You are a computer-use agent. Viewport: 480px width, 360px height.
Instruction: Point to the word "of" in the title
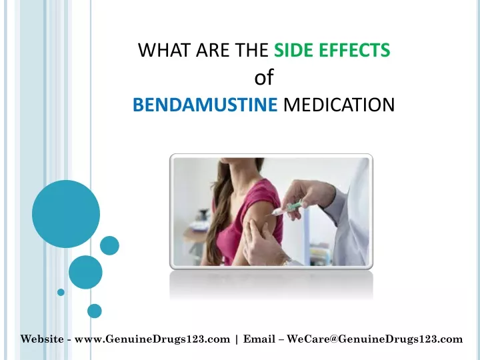coord(264,77)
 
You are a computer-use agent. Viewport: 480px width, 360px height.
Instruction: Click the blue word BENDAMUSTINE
coord(205,105)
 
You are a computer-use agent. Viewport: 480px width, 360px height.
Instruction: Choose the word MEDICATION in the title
coord(339,105)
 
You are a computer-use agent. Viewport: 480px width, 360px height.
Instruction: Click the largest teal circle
coord(66,214)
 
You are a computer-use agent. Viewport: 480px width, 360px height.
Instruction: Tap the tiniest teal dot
coord(61,292)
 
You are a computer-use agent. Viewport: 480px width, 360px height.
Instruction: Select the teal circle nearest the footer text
coord(94,311)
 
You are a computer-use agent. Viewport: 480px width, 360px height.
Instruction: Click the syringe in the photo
coord(287,209)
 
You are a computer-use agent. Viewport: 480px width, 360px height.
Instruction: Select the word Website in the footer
coord(42,339)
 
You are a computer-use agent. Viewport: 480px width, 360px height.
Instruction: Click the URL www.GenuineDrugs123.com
coord(152,339)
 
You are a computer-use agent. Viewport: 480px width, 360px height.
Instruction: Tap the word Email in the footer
coord(259,339)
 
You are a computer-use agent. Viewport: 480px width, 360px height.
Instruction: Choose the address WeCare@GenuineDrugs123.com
coord(375,339)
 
